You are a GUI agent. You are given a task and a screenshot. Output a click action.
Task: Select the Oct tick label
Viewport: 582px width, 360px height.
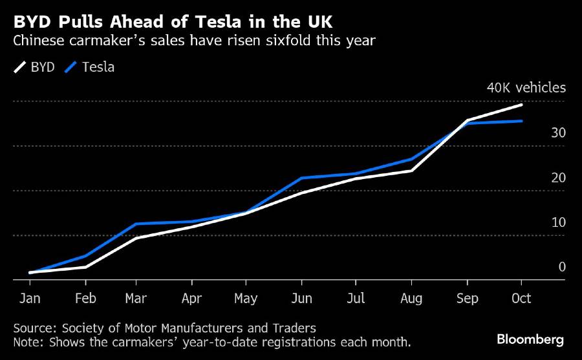pos(521,298)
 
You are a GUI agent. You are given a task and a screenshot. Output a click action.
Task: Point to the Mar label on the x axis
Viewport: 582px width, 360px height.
pos(135,298)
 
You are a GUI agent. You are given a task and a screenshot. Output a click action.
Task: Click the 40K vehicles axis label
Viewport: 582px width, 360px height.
pos(526,88)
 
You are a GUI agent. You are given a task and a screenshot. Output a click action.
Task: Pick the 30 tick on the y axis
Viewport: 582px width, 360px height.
pos(558,133)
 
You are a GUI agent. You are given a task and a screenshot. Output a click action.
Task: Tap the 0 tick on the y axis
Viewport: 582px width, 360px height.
pos(562,267)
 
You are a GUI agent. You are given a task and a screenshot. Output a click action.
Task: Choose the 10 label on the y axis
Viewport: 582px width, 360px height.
pos(558,222)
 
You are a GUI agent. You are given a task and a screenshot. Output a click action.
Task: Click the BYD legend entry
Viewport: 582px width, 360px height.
pos(34,67)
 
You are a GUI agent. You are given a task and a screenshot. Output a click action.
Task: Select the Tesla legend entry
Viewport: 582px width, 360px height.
pos(90,67)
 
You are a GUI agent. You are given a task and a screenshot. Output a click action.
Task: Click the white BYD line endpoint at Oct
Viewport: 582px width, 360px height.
pos(521,105)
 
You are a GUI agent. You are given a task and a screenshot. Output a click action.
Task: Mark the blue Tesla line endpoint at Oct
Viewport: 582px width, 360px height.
pos(521,121)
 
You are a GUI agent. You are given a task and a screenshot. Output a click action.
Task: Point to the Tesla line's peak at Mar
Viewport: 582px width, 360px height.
pos(135,224)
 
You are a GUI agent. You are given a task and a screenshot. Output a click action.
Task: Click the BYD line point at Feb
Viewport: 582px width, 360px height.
pos(86,266)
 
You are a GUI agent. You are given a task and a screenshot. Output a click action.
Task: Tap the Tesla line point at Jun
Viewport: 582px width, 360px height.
pos(301,178)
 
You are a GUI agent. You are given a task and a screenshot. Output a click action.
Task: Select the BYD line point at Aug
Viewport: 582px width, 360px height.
pos(411,170)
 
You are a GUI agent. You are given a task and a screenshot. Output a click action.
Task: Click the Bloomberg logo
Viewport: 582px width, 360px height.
pos(530,339)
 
